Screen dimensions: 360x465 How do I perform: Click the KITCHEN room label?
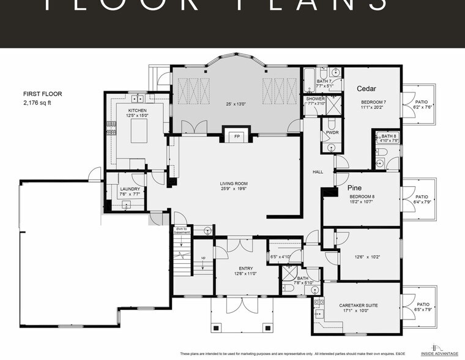coord(138,109)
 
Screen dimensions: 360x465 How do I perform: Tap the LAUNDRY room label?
coord(130,189)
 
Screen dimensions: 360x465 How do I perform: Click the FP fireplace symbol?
coord(237,136)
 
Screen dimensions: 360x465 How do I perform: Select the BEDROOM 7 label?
coord(372,102)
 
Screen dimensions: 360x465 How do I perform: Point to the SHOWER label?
coord(315,99)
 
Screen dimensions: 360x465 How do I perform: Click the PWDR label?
coord(332,132)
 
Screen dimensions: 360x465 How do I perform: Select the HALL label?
coord(318,172)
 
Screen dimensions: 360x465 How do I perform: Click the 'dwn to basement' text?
coord(181,230)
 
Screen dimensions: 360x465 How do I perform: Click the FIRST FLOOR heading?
coord(43,94)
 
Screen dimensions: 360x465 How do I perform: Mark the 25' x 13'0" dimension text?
coord(236,104)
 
